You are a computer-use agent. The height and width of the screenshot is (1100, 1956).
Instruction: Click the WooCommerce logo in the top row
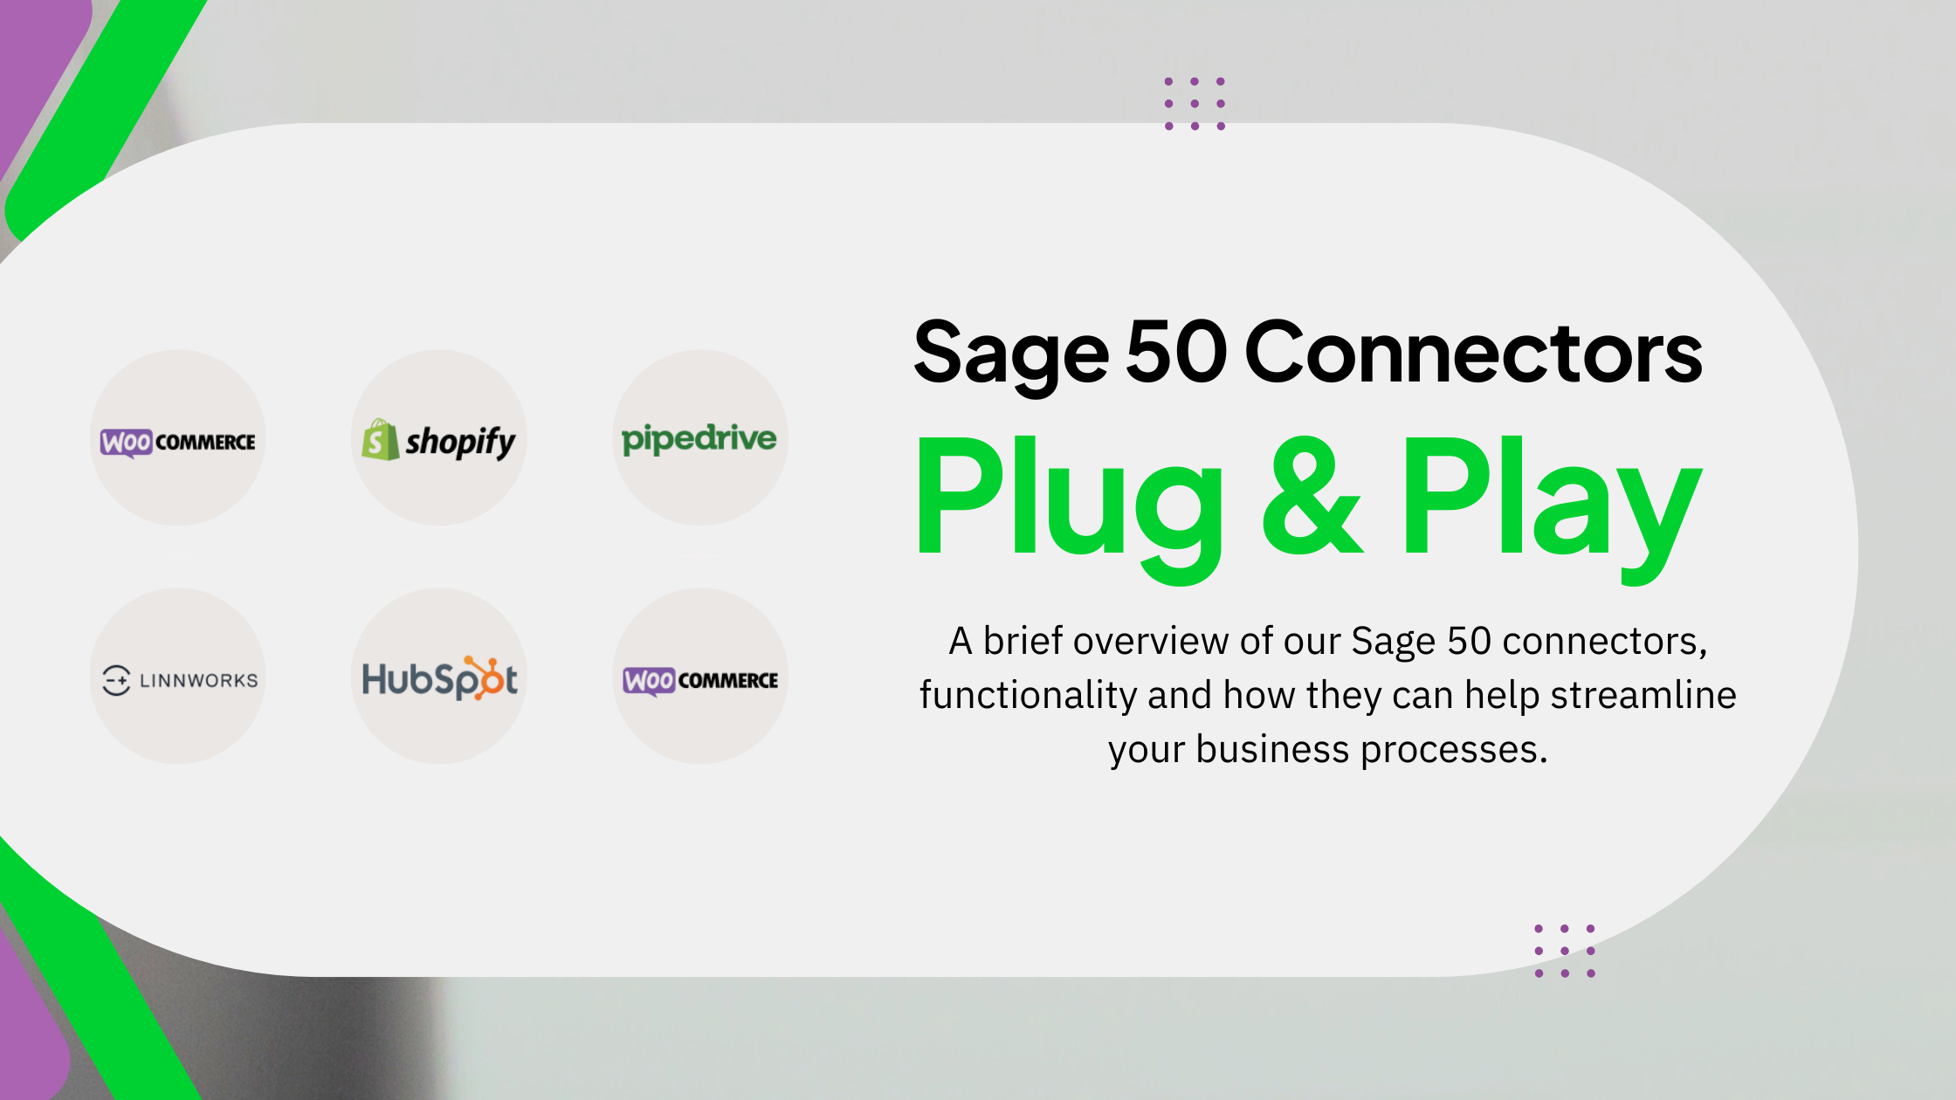pyautogui.click(x=178, y=442)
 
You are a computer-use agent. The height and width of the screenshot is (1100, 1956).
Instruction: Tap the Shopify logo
pyautogui.click(x=439, y=440)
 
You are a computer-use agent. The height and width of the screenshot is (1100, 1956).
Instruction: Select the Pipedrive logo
pyautogui.click(x=699, y=438)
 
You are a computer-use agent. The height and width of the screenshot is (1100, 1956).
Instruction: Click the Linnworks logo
pyautogui.click(x=180, y=680)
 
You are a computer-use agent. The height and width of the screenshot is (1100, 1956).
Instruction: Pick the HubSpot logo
pyautogui.click(x=439, y=678)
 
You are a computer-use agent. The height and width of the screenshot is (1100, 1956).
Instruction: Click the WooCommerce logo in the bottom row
pyautogui.click(x=700, y=680)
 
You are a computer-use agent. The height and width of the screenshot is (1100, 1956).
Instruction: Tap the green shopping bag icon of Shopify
pyautogui.click(x=380, y=440)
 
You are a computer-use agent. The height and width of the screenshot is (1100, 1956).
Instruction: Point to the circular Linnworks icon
pyautogui.click(x=116, y=680)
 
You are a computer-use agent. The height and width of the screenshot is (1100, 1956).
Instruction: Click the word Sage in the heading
pyautogui.click(x=1010, y=354)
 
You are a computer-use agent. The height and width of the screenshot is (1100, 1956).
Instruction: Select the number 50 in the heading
pyautogui.click(x=1176, y=351)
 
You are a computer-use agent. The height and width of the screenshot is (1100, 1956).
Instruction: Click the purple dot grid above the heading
pyautogui.click(x=1195, y=104)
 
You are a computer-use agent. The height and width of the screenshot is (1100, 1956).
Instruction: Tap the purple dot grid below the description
pyautogui.click(x=1565, y=951)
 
